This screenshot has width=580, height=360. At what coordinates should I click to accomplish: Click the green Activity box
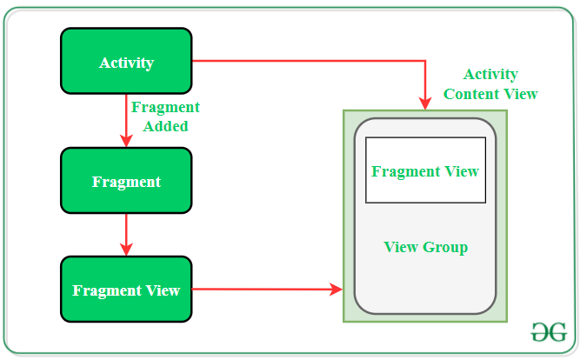tap(126, 61)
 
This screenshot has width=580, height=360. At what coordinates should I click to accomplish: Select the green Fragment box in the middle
tap(126, 181)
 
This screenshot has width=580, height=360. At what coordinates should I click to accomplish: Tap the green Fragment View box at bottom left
tap(126, 289)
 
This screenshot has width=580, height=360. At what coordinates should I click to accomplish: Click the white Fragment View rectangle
tap(425, 170)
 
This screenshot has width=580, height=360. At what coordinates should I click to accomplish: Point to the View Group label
tap(425, 248)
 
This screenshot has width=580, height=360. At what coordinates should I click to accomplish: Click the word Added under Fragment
tap(166, 126)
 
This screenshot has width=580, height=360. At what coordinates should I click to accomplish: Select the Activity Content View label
tap(490, 84)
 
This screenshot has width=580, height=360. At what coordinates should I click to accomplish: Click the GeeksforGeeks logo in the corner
tap(549, 331)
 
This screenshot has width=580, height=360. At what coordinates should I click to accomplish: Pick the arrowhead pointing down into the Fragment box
tap(127, 141)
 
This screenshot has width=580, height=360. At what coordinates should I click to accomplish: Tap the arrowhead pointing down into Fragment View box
tap(127, 250)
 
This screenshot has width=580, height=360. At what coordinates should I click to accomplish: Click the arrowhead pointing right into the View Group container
tap(337, 289)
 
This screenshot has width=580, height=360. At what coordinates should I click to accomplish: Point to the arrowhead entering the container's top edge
tap(425, 103)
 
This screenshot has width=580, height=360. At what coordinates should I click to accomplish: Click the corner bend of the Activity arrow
tap(425, 61)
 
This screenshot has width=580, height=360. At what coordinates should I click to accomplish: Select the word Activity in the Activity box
tap(126, 63)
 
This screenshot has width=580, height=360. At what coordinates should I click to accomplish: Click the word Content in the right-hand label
tap(470, 94)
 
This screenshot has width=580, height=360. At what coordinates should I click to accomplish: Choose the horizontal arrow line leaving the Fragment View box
tap(261, 289)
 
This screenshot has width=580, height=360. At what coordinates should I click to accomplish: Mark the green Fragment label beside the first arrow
tap(165, 108)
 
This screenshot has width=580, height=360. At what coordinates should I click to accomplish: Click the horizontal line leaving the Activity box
tap(304, 61)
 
